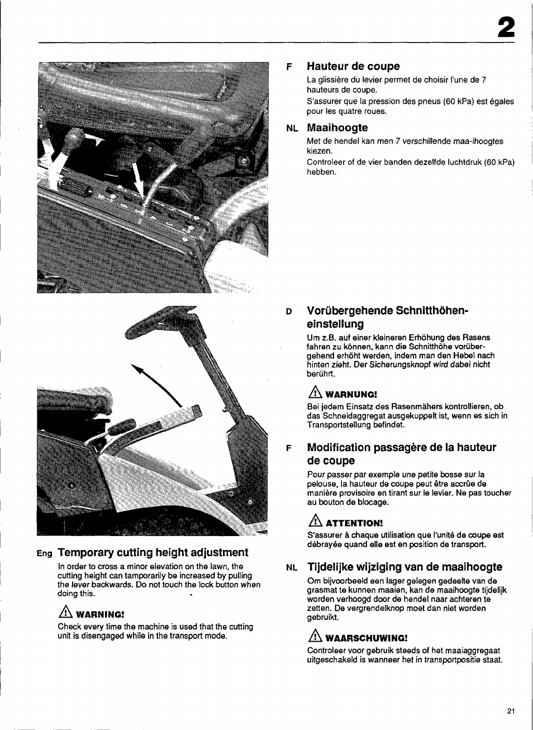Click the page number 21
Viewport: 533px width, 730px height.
point(511,711)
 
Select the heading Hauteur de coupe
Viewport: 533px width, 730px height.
point(353,67)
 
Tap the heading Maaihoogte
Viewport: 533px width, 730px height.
point(337,128)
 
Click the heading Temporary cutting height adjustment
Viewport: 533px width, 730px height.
point(153,552)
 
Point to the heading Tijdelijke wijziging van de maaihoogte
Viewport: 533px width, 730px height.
point(404,567)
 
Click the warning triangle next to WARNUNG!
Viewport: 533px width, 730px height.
point(315,393)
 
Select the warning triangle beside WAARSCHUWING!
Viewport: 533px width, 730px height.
point(315,636)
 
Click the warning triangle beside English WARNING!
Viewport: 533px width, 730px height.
point(66,613)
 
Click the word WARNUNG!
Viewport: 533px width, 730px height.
point(351,395)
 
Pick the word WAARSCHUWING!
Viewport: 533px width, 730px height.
point(366,638)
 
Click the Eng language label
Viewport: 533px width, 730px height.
point(44,553)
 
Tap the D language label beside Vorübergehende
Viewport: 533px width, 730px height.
point(289,312)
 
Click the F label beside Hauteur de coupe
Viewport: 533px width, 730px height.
point(289,67)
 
